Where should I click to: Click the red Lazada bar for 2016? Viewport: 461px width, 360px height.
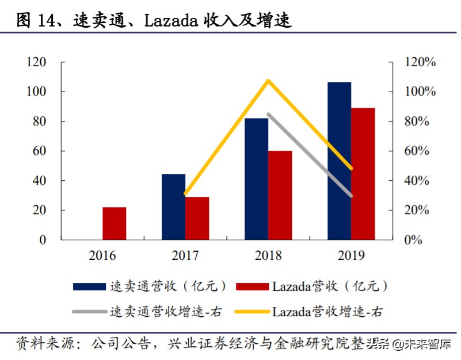(x=114, y=223)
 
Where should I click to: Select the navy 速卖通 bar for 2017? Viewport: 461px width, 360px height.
(x=173, y=207)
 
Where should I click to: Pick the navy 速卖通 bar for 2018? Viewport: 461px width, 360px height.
(x=256, y=179)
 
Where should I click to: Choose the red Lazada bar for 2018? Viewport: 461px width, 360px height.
(x=280, y=195)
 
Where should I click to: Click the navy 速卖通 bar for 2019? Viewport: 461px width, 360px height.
(x=339, y=161)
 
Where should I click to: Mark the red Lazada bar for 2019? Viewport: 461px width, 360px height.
(x=363, y=173)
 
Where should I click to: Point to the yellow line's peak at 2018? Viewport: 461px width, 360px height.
(x=268, y=80)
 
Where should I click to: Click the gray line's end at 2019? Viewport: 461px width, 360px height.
(x=351, y=196)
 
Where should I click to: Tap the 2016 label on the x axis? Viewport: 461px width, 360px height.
(x=102, y=255)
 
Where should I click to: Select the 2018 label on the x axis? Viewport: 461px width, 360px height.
(x=268, y=255)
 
